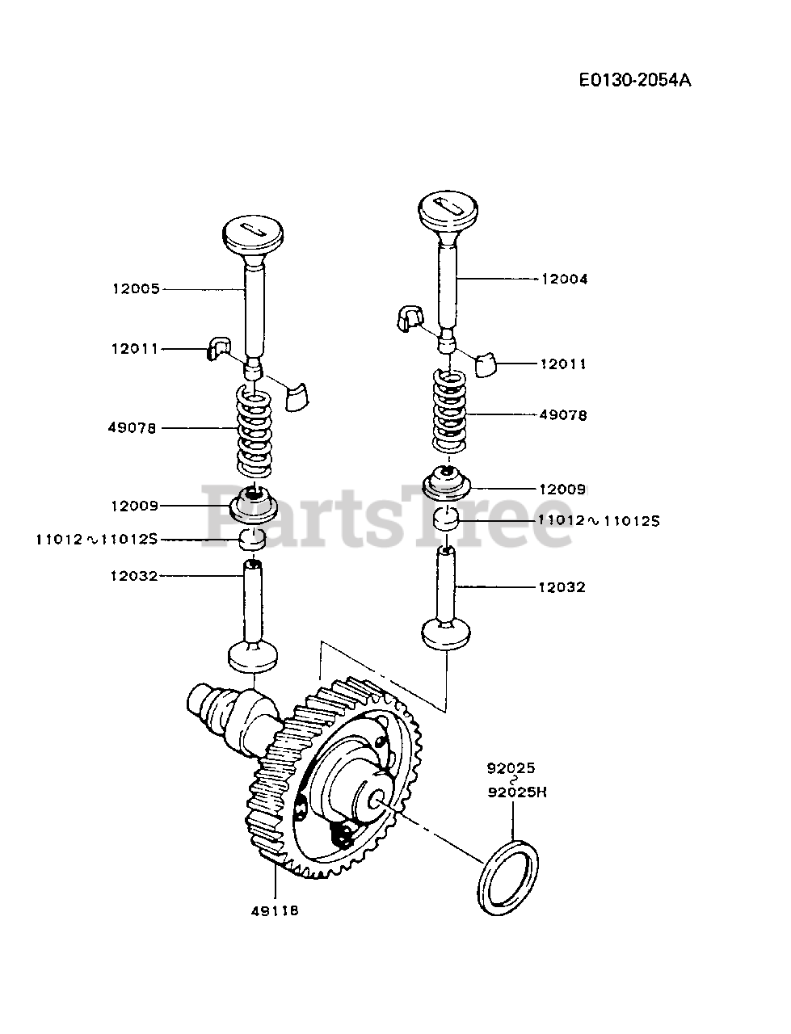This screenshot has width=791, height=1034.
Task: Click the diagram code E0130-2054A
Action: point(634,80)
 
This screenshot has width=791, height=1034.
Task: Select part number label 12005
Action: point(136,288)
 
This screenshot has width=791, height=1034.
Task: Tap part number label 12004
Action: point(564,279)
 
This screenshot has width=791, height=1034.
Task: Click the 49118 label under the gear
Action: point(275,910)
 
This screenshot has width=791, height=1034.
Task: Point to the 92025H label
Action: point(517,792)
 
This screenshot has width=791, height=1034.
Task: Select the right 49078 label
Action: point(563,415)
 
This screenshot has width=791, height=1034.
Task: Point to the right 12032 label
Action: point(562,587)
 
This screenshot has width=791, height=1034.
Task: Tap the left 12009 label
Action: point(136,506)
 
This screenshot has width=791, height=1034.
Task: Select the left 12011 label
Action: point(136,349)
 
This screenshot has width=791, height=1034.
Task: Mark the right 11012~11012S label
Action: point(599,521)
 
